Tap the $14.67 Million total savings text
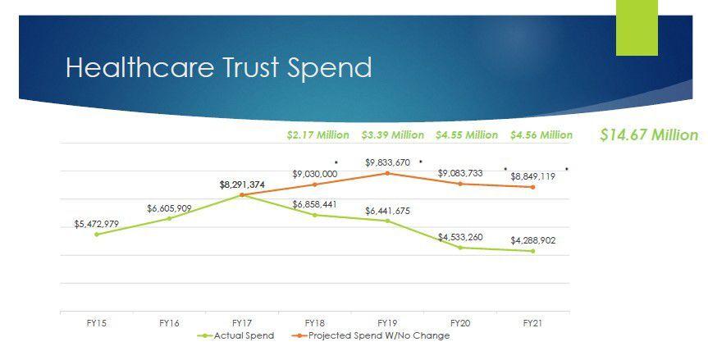click(x=648, y=135)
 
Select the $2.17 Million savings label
click(x=317, y=134)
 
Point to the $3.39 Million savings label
click(x=392, y=134)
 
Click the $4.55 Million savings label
click(x=466, y=134)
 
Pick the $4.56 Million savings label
click(x=541, y=134)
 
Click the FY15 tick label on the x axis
click(x=97, y=323)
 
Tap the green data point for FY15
click(x=97, y=235)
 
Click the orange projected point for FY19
click(x=387, y=173)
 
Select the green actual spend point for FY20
click(x=460, y=248)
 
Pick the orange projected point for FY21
click(x=532, y=187)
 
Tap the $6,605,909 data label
click(x=169, y=208)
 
